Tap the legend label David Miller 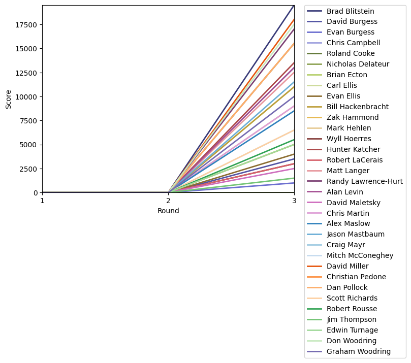pyautogui.click(x=347, y=266)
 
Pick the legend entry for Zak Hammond pyautogui.click(x=349, y=117)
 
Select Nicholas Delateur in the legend pyautogui.click(x=358, y=64)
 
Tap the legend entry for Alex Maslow pyautogui.click(x=348, y=223)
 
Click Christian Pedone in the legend pyautogui.click(x=356, y=277)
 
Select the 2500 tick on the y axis pyautogui.click(x=29, y=169)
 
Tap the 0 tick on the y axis pyautogui.click(x=36, y=193)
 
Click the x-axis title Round pyautogui.click(x=168, y=211)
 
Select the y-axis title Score pyautogui.click(x=9, y=99)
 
